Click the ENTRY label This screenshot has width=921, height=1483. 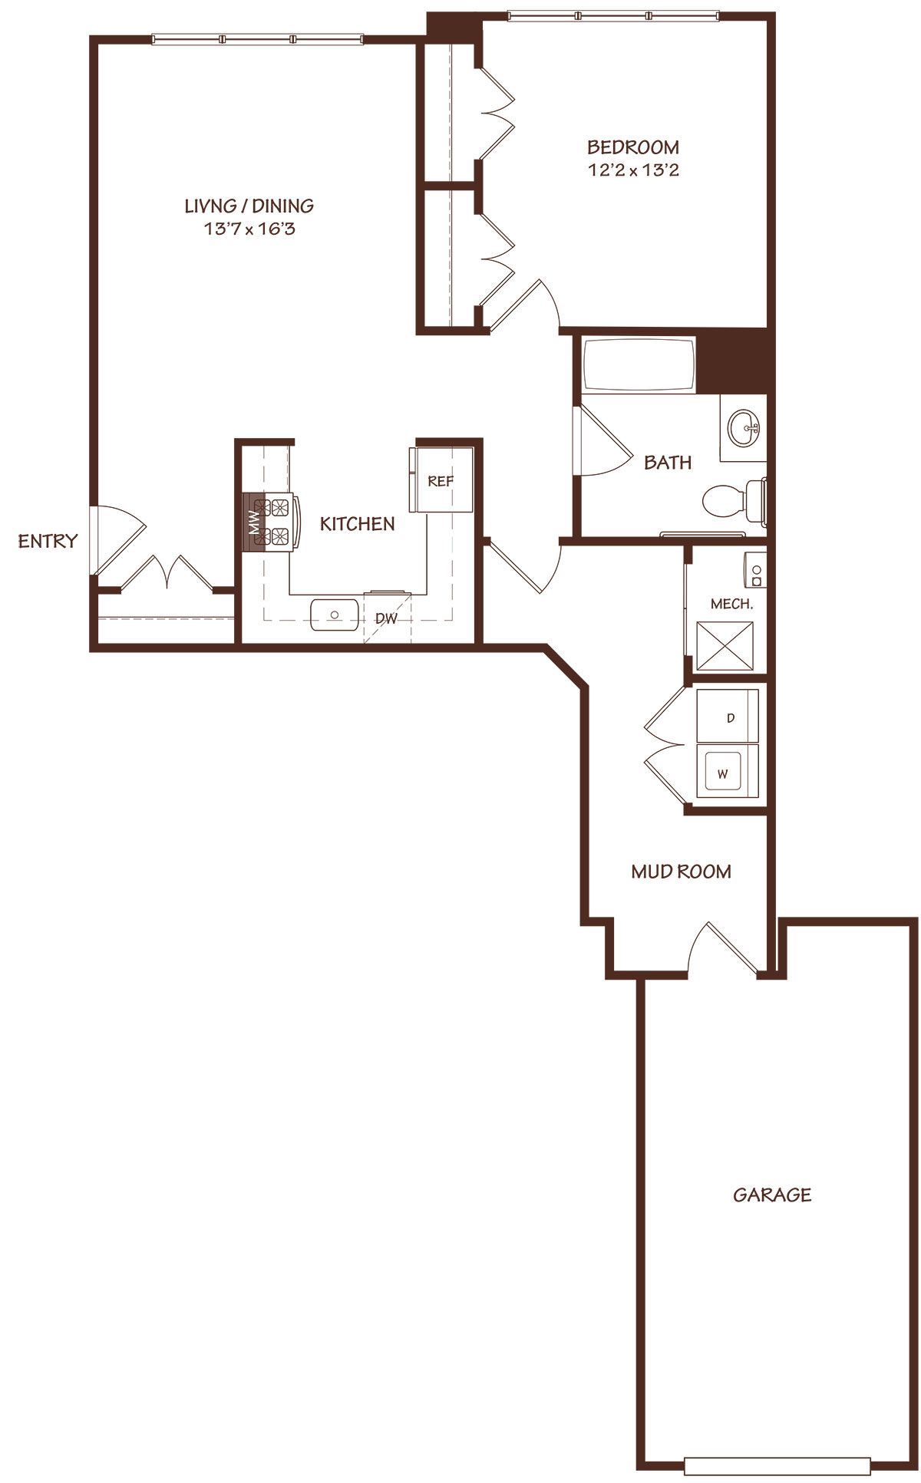[48, 541]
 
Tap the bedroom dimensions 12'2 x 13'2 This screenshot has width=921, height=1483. [634, 170]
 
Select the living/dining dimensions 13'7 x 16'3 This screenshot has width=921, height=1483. [249, 228]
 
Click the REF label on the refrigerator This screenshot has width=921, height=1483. [441, 481]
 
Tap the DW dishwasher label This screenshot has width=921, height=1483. [387, 618]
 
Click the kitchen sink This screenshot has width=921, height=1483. [335, 615]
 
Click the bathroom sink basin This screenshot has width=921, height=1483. [744, 427]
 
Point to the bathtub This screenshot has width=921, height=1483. [639, 364]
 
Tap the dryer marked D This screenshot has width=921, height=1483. [727, 717]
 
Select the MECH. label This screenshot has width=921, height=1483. [731, 604]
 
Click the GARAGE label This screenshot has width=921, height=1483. [772, 1195]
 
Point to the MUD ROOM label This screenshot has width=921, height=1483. [681, 872]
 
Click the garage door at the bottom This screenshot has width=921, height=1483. [777, 1466]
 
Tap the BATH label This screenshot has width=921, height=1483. [668, 463]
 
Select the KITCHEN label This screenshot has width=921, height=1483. [358, 524]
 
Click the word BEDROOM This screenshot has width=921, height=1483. [633, 147]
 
